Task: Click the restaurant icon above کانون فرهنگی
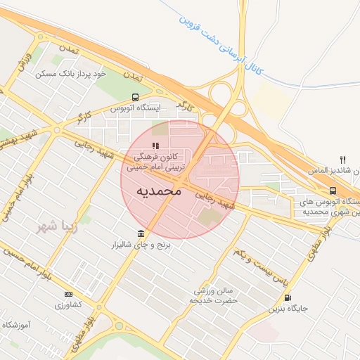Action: (155, 146)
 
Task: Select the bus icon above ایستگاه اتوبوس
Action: (135, 97)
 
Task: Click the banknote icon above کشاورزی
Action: (68, 294)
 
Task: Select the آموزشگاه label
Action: (19, 325)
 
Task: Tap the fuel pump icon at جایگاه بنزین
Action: (287, 297)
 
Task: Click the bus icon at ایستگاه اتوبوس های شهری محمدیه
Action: (333, 191)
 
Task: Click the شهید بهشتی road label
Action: (21, 133)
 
